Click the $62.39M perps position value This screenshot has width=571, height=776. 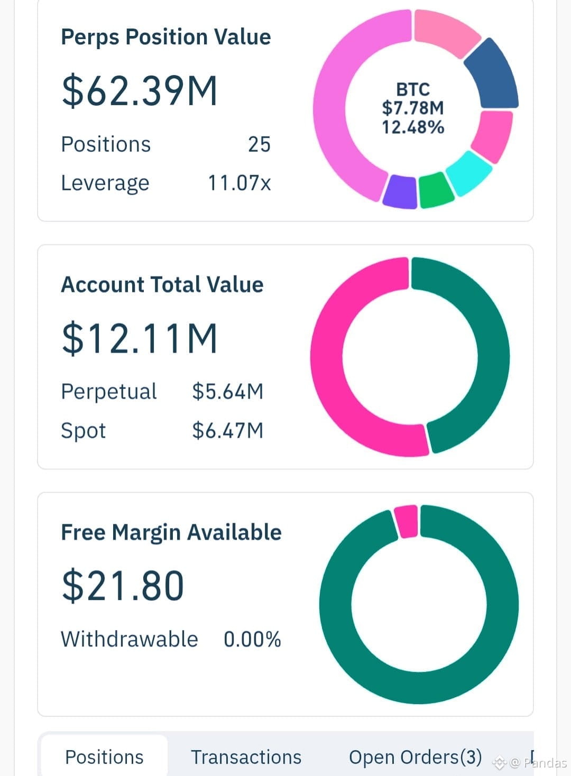[x=139, y=91]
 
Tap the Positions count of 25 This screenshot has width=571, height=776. [x=259, y=144]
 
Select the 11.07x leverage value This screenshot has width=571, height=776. [x=239, y=183]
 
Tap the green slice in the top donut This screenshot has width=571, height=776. [x=436, y=190]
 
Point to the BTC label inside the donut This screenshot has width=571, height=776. [x=413, y=89]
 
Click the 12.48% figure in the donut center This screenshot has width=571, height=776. [x=413, y=127]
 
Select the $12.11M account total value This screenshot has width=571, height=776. [x=139, y=339]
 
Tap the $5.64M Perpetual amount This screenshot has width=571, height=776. [x=228, y=392]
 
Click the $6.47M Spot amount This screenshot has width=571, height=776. [x=228, y=431]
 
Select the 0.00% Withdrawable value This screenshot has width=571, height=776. [x=252, y=639]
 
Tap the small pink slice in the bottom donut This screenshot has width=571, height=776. [x=407, y=521]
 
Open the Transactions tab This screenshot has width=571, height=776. [x=246, y=757]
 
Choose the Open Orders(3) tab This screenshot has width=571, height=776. [x=416, y=757]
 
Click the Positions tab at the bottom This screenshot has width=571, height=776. [x=104, y=757]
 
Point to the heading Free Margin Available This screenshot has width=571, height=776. [x=171, y=533]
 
